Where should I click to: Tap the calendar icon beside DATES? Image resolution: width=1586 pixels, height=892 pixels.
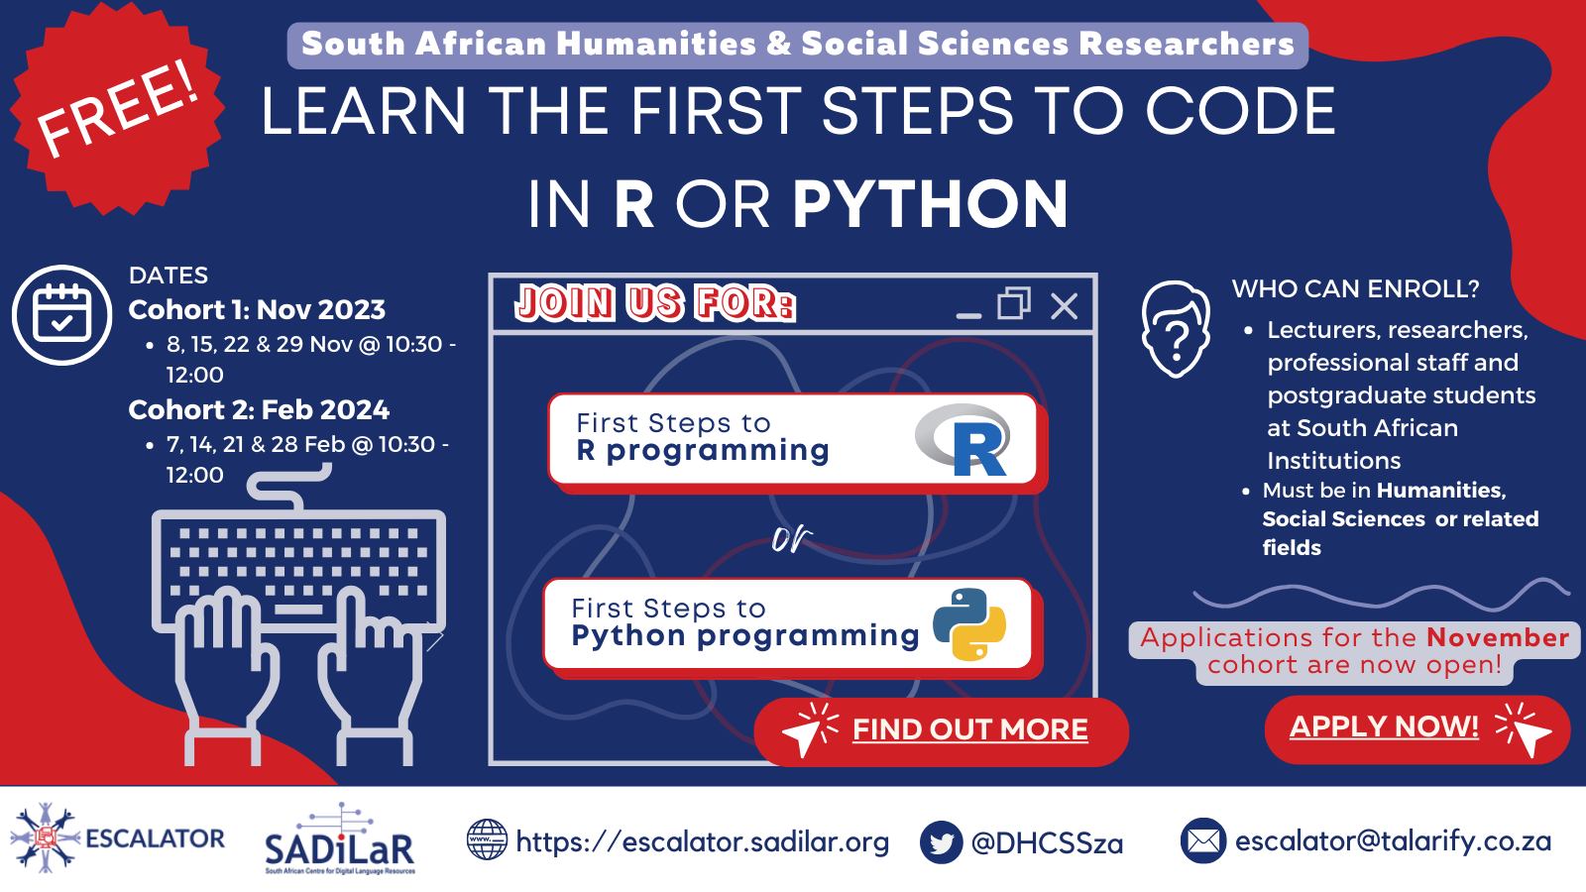coord(62,315)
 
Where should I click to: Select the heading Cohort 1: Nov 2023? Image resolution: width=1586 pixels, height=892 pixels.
coord(257,310)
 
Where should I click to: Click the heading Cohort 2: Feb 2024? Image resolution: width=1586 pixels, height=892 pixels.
coord(259,410)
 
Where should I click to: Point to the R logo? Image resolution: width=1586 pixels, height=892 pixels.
coord(963,440)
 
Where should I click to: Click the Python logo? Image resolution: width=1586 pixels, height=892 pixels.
coord(969,624)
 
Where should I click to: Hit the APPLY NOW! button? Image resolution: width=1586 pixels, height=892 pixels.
coord(1417,729)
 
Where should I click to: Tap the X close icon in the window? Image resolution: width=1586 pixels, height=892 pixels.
coord(1065,306)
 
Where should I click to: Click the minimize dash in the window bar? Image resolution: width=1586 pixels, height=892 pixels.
coord(968,316)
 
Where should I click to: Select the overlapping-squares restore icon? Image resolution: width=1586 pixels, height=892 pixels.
coord(1014,303)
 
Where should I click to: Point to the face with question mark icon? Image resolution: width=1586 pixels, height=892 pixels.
coord(1176,329)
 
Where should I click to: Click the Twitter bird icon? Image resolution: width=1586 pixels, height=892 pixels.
coord(941,841)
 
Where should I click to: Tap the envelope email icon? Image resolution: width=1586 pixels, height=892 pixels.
coord(1203,841)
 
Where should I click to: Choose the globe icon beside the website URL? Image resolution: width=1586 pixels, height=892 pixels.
coord(487,839)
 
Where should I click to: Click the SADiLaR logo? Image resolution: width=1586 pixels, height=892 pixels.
coord(340,839)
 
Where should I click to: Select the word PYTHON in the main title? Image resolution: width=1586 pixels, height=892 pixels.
coord(931,204)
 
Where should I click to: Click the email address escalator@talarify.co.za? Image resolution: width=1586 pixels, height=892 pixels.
coord(1394,841)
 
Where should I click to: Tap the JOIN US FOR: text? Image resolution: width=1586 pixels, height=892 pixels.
coord(655,303)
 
